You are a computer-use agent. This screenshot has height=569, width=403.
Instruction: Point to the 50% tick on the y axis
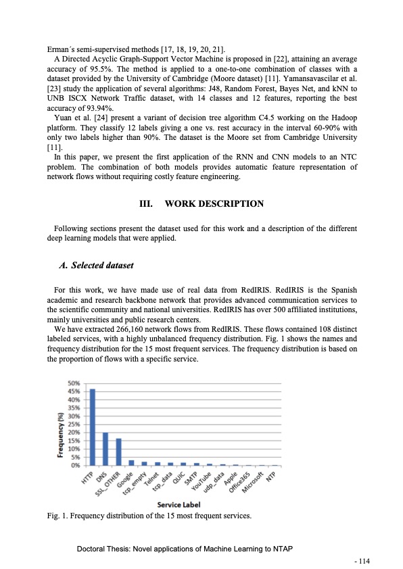tap(74, 383)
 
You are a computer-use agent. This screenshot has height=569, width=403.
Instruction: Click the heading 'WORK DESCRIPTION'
tap(215, 203)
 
